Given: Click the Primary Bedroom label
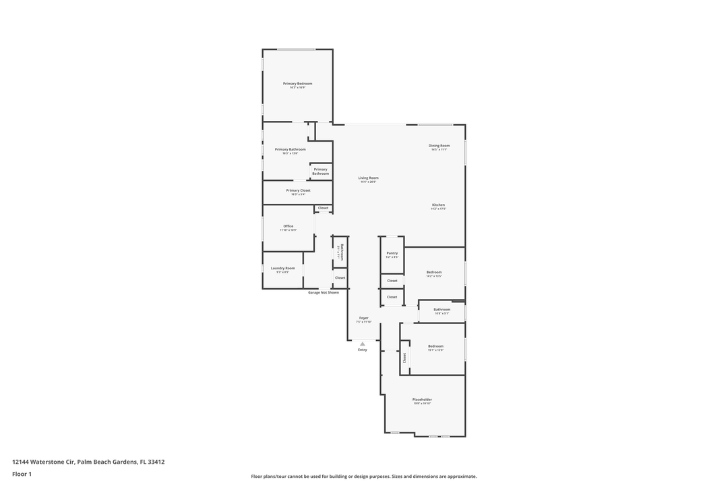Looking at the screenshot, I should point(297,84).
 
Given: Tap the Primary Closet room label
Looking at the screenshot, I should point(298,190).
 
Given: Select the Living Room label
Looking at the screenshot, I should point(368,178).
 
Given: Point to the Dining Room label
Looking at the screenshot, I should point(439,146).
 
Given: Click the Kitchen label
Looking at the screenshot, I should point(438,205).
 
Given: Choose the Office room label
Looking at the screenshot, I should point(288,226).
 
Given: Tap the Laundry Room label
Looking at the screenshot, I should point(282,268).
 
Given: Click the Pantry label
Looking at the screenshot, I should point(392,253).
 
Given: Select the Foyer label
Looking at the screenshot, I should point(363,318).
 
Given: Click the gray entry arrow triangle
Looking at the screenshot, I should point(363,344).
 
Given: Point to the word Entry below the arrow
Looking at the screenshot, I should point(363,350).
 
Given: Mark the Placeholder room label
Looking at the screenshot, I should point(422,400).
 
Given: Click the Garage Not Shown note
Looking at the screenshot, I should point(324,292).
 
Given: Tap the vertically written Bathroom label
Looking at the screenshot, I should point(342,252).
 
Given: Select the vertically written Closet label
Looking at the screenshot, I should point(404,358).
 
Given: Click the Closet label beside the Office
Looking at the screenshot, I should point(323,208).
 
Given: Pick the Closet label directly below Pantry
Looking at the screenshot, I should point(392,280).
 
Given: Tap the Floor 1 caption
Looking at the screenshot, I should point(22,474).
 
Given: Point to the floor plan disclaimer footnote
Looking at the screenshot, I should point(363,477).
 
